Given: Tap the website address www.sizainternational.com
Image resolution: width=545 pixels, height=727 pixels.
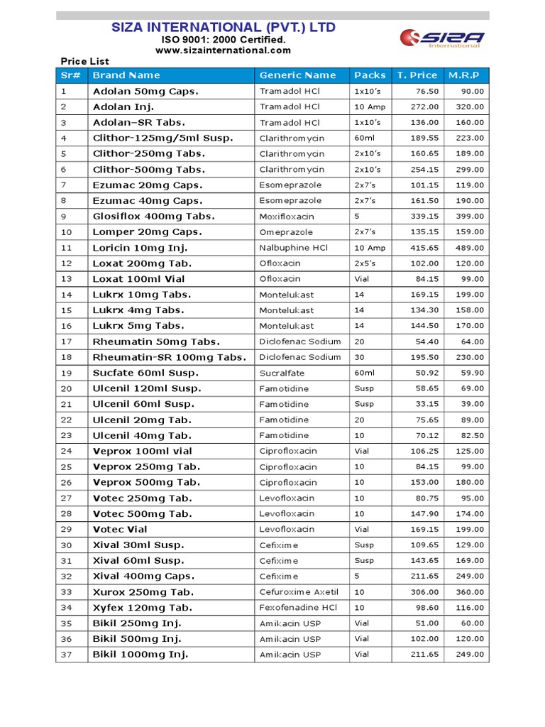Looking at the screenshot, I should point(224,50).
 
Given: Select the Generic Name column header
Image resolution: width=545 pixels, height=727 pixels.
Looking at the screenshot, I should point(298,75).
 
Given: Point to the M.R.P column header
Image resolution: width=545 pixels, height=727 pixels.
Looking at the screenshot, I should point(464,75).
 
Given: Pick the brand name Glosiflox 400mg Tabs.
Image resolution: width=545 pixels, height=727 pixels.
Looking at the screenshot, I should point(154,217).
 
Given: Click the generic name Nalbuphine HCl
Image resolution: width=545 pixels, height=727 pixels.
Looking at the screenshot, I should point(294,248).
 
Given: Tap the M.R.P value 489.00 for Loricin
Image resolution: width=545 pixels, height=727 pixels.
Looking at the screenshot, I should point(471,248).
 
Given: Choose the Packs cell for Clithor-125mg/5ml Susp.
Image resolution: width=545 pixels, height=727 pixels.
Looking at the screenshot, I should point(364,138).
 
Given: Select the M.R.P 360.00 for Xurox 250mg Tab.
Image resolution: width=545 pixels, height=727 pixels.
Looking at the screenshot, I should point(471,592).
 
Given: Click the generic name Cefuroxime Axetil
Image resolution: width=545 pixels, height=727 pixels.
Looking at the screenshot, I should point(299,592).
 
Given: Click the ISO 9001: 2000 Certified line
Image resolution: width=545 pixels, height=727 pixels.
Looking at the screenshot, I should point(224,40).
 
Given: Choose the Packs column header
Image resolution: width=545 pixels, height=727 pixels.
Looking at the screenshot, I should point(370,75).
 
